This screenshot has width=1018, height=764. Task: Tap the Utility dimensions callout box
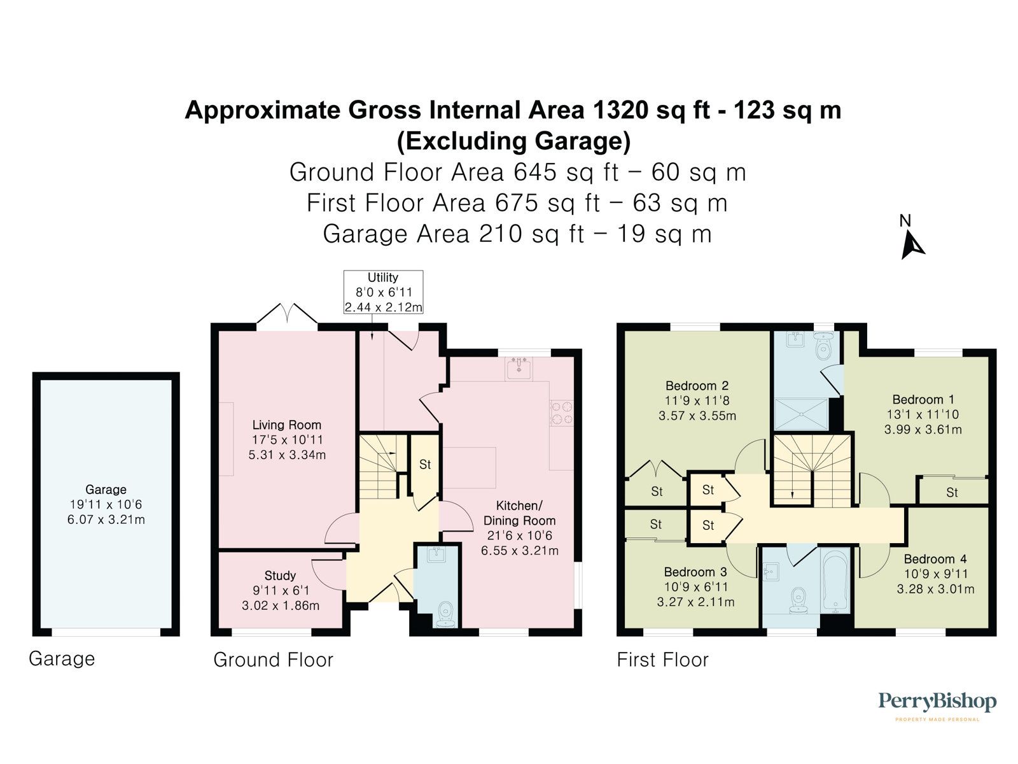click(x=383, y=292)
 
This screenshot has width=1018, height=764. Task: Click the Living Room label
click(x=287, y=425)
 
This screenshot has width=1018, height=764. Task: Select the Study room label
click(x=280, y=576)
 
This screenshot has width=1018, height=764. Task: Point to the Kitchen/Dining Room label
click(x=519, y=513)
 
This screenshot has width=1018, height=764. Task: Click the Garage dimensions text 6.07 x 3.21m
click(x=106, y=520)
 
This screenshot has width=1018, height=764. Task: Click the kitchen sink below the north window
click(x=519, y=367)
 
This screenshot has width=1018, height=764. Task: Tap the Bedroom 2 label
click(x=697, y=386)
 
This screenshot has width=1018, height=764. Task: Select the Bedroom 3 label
click(x=695, y=572)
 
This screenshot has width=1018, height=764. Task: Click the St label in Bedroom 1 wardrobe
click(x=951, y=492)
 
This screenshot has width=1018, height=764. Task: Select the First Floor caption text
click(x=662, y=660)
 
